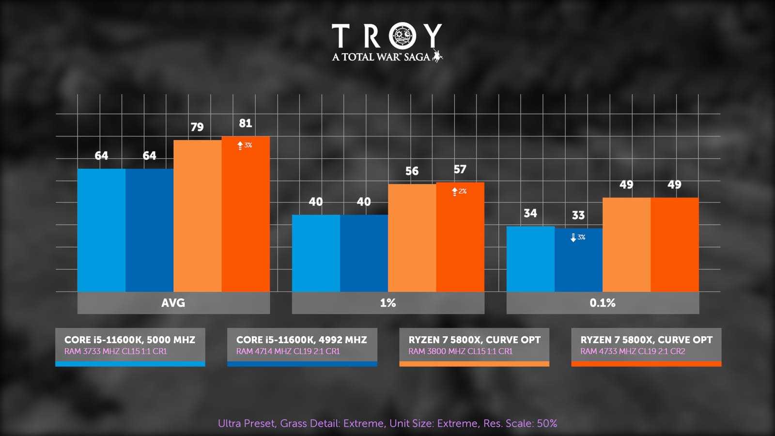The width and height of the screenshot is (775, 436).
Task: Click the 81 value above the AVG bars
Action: (x=246, y=124)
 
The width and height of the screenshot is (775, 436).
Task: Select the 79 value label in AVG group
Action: (x=197, y=127)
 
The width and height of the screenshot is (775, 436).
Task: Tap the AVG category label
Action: (x=173, y=303)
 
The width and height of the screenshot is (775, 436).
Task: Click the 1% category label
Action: (x=387, y=303)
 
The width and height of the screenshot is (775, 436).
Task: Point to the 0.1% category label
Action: (x=602, y=303)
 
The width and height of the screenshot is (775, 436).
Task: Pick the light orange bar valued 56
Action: (x=412, y=238)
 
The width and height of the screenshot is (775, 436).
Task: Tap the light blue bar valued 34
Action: (x=530, y=259)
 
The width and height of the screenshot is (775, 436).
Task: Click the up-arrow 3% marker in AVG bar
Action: (x=245, y=145)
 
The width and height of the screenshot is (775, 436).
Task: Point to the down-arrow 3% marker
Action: (x=578, y=237)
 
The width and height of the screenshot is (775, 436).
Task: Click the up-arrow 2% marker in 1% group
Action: (x=459, y=191)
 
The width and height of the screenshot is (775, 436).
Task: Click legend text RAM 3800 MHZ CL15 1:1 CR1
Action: (x=460, y=351)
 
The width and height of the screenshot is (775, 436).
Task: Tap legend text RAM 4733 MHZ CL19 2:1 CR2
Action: (x=633, y=351)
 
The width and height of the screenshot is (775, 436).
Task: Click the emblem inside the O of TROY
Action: (x=403, y=35)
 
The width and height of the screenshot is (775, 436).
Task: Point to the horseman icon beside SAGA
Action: (x=437, y=56)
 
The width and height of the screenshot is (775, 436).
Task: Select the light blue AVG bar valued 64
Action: (x=101, y=230)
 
